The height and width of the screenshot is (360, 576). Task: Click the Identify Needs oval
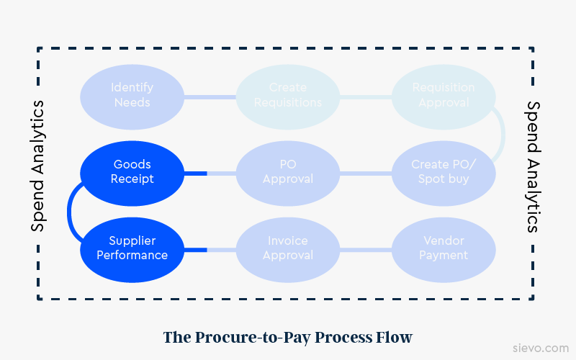[132, 95]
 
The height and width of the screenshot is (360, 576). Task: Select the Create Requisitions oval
[288, 95]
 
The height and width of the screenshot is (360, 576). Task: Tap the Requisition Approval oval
[444, 95]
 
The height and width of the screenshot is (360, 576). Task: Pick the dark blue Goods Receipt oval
[132, 172]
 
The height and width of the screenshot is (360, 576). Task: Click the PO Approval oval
[288, 172]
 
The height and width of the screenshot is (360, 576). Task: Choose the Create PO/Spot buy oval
[444, 172]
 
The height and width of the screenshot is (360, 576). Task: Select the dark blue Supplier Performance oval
[132, 248]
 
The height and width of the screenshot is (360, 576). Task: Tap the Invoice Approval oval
[288, 248]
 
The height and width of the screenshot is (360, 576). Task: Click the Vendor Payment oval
[444, 248]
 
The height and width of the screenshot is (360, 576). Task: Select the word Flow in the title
[397, 337]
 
